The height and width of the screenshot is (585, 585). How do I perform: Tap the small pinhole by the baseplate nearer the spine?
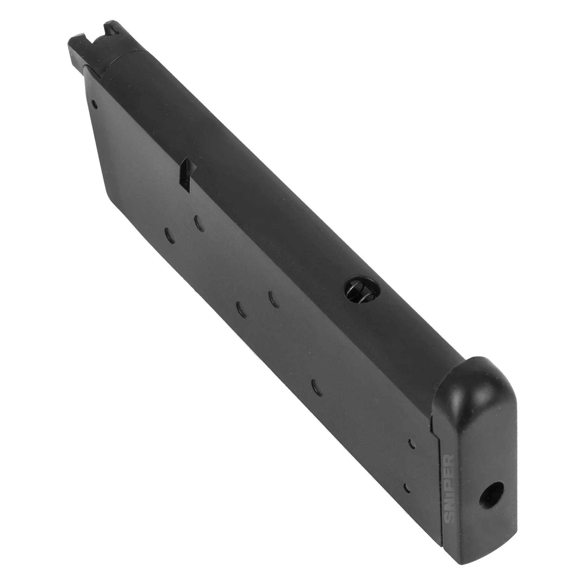click(410, 443)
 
